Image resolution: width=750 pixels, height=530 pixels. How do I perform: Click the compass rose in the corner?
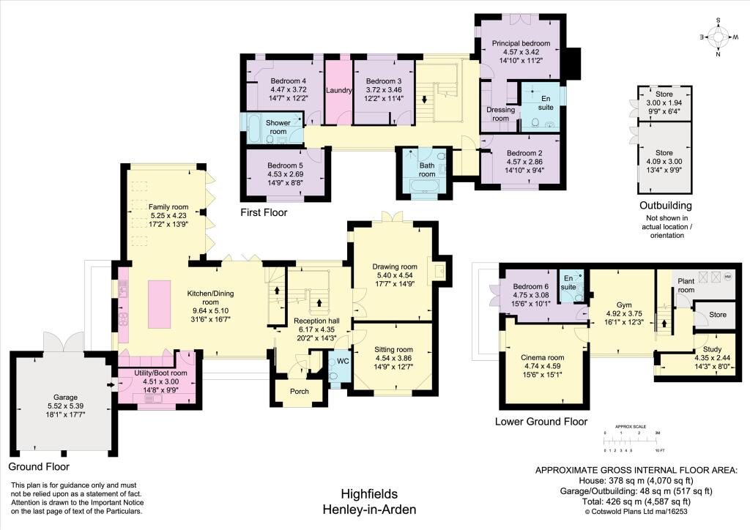click(717, 36)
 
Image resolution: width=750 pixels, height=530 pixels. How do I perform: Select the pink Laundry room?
click(339, 91)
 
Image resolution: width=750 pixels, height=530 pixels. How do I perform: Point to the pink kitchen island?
click(160, 303)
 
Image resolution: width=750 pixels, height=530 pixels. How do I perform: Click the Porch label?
click(299, 391)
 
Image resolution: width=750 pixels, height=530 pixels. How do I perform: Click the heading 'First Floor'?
click(264, 213)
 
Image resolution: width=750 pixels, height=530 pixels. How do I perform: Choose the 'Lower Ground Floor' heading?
click(541, 422)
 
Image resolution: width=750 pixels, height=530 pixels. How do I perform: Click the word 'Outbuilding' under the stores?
click(665, 206)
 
